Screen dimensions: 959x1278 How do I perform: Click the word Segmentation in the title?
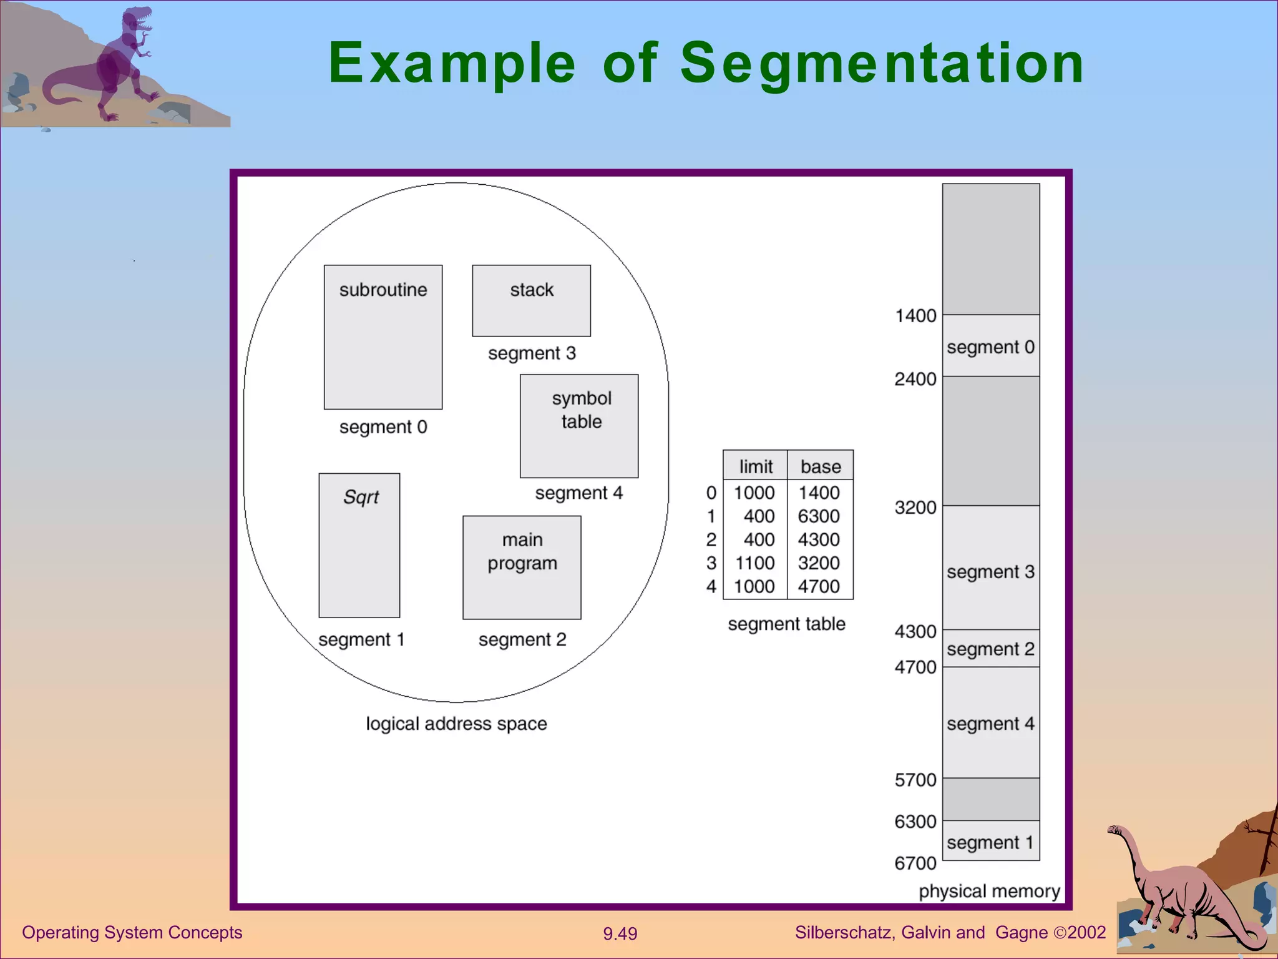coord(882,64)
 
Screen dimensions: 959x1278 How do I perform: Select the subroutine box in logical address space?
coord(383,337)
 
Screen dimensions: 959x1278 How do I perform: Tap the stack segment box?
coord(531,300)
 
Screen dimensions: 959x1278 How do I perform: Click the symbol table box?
coord(579,426)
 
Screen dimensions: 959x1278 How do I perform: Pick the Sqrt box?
coord(359,545)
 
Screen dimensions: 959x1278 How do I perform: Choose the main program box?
coord(522,567)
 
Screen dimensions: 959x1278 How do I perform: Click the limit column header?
coord(756,466)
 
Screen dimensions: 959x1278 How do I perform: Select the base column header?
coord(821,466)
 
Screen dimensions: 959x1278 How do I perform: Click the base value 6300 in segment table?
coord(819,516)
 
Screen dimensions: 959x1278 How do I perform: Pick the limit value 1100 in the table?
coord(754,563)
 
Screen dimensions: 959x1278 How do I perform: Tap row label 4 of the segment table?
coord(711,587)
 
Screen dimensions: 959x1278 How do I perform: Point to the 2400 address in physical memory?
coord(915,379)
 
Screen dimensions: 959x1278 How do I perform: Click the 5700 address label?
coord(915,780)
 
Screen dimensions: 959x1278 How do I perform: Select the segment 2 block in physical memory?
coord(990,649)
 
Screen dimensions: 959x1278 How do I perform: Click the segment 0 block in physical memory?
coord(990,347)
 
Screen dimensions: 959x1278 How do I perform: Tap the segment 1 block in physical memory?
coord(990,842)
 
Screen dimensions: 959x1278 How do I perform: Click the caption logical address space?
coord(456,724)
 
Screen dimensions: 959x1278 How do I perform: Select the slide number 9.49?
coord(620,933)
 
